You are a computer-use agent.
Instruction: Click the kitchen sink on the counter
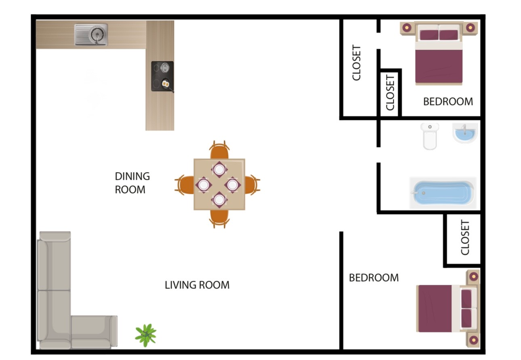click(x=91, y=35)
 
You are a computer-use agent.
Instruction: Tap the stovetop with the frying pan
click(x=162, y=76)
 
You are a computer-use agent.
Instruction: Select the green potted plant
click(x=145, y=335)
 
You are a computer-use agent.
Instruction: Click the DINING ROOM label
click(x=132, y=183)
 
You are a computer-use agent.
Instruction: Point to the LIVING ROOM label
click(x=197, y=285)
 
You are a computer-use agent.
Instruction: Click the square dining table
click(x=219, y=184)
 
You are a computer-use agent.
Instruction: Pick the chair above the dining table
click(x=219, y=151)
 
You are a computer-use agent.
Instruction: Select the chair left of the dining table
click(x=185, y=185)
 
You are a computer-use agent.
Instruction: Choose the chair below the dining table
click(x=219, y=218)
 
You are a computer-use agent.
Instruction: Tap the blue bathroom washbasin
click(x=465, y=133)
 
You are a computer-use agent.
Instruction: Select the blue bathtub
click(x=443, y=193)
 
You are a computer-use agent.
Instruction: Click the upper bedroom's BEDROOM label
click(x=448, y=101)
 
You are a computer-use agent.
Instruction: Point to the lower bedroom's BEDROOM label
click(x=374, y=278)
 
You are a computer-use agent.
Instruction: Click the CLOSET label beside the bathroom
click(x=465, y=238)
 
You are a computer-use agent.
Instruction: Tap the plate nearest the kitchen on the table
click(x=219, y=169)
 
